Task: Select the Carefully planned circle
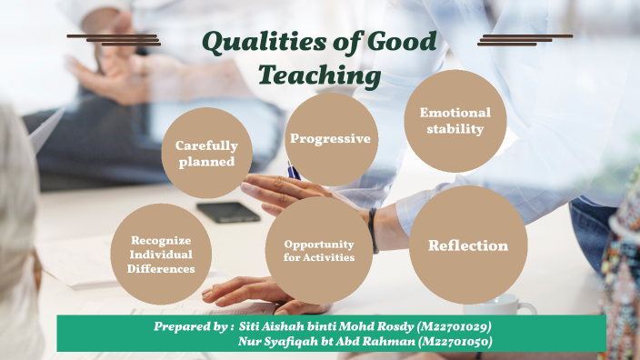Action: pos(206,153)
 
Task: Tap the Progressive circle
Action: pos(330,139)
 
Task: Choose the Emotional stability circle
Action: pos(455,121)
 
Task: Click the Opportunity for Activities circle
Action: pos(318,250)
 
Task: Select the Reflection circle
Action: pos(468,245)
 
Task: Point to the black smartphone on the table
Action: pos(227,212)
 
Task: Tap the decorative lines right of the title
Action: pos(524,40)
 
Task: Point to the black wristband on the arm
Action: pos(374,230)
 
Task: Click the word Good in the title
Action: pos(400,42)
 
